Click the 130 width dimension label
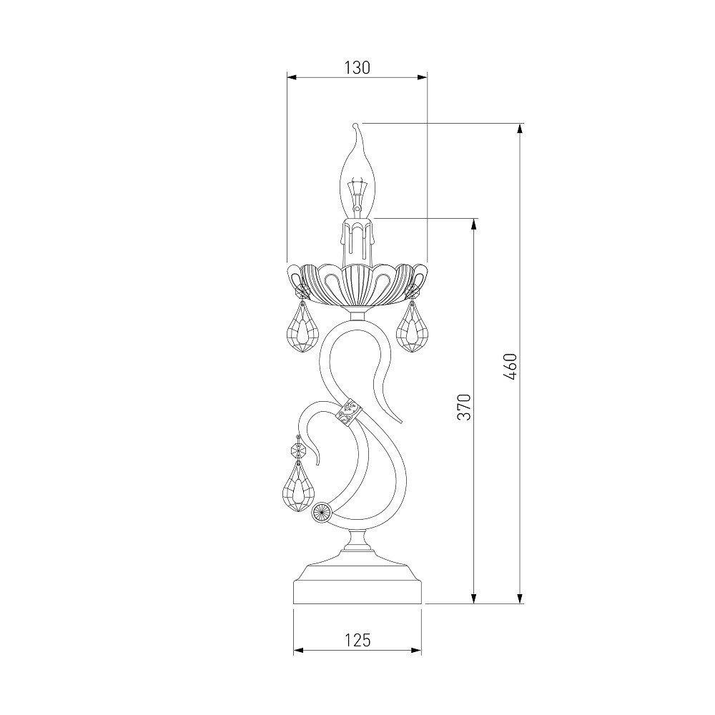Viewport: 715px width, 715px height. coord(357,67)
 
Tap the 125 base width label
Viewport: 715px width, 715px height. coord(357,640)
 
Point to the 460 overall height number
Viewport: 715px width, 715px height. coord(511,367)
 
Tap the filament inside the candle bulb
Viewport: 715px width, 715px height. coord(356,196)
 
